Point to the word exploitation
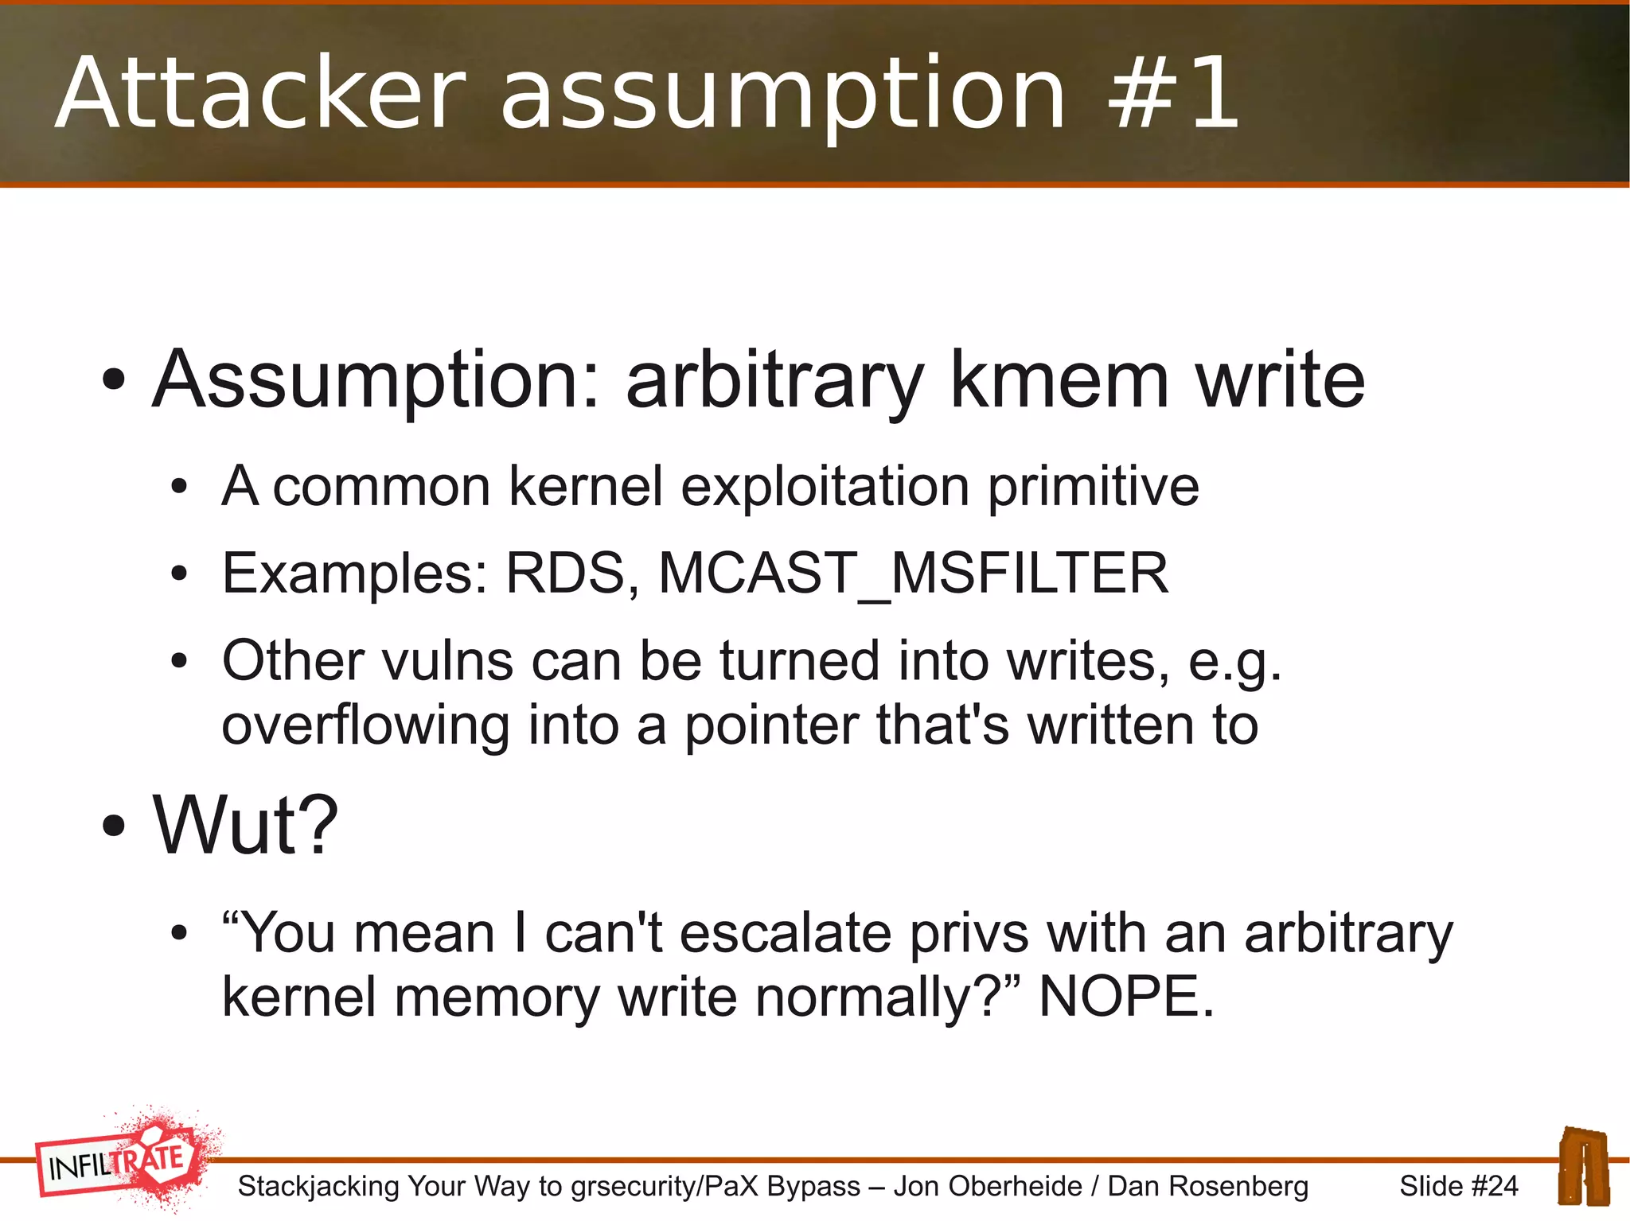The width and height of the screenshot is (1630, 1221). click(x=825, y=487)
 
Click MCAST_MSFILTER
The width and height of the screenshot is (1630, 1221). click(x=913, y=574)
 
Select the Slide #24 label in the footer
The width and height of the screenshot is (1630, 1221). click(x=1458, y=1186)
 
